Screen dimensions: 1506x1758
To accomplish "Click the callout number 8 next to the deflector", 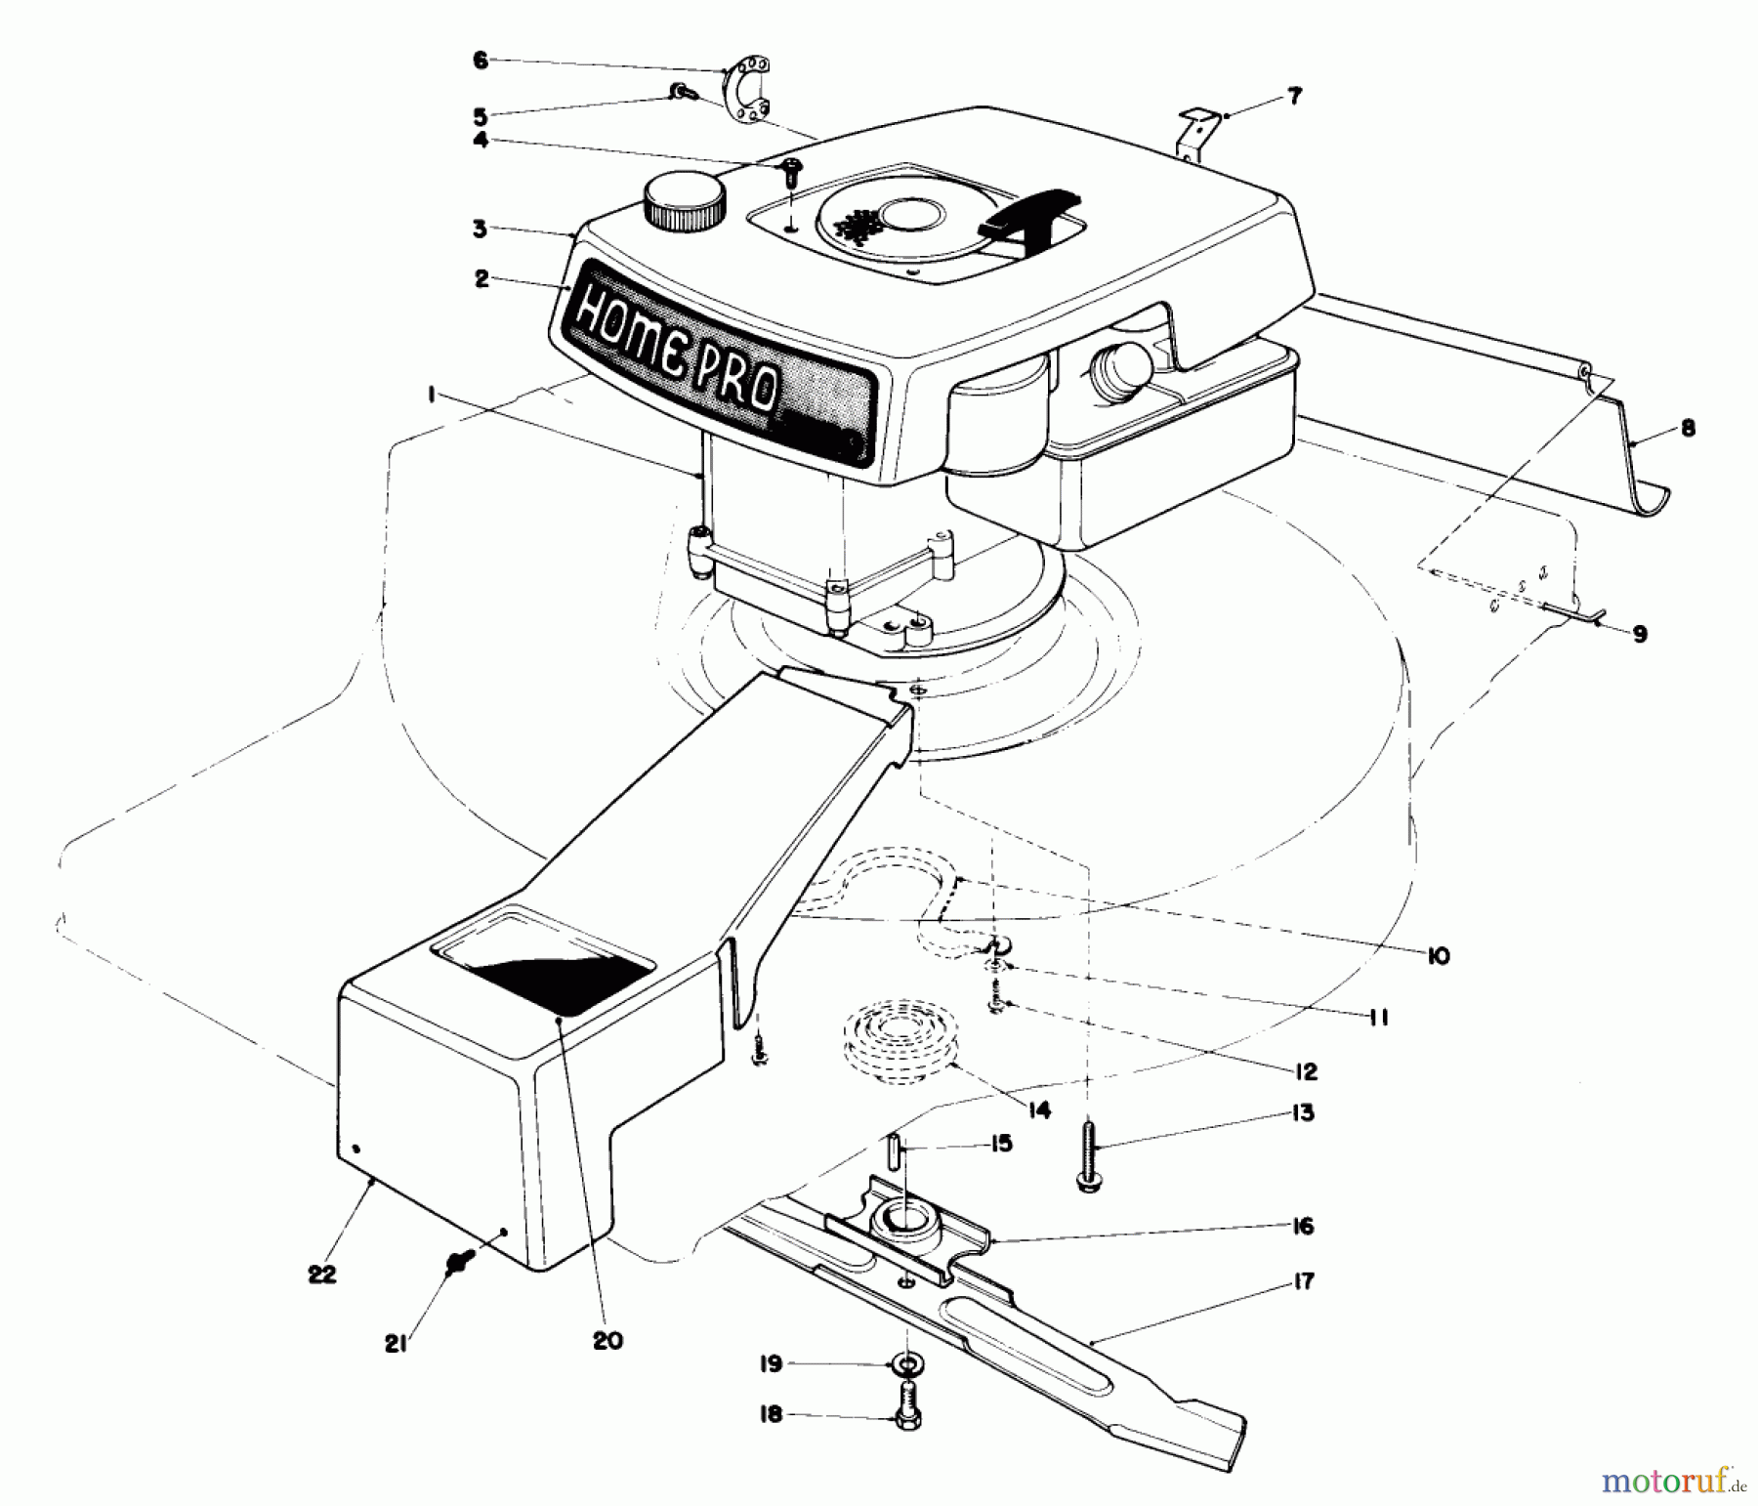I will click(x=1688, y=428).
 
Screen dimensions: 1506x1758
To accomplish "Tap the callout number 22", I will click(x=321, y=1274).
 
